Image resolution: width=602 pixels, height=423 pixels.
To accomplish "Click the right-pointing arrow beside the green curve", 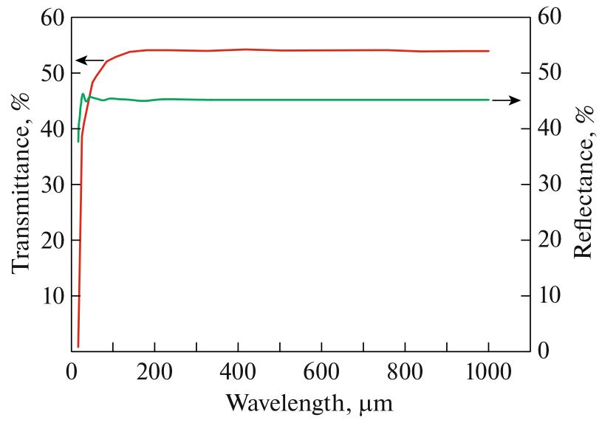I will [506, 100].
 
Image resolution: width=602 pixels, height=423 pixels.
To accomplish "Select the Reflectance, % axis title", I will [584, 182].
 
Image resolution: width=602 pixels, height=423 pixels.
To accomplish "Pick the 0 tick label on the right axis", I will [542, 351].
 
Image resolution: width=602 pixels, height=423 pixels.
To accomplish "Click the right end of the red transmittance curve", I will [489, 51].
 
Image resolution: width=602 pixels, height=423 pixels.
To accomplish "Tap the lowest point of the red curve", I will [78, 345].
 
